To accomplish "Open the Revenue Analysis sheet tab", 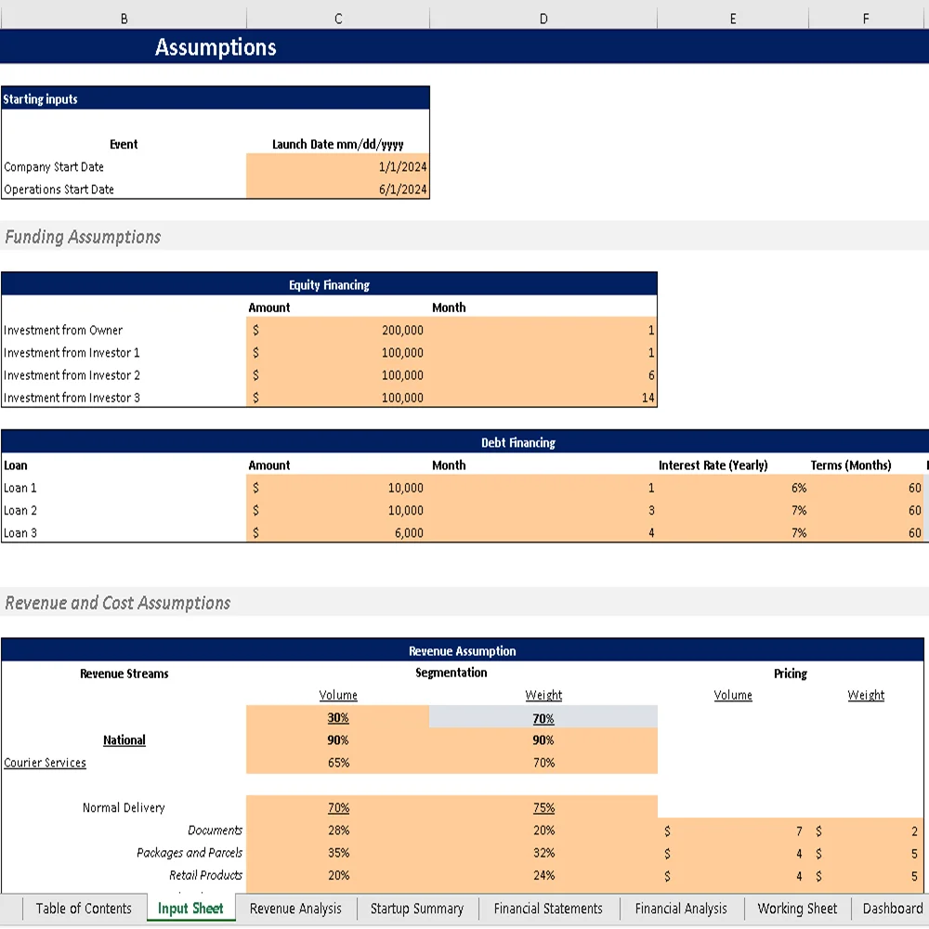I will pyautogui.click(x=295, y=909).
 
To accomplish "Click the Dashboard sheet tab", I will pyautogui.click(x=892, y=909).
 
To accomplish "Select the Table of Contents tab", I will pyautogui.click(x=84, y=909).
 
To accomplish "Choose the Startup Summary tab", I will pyautogui.click(x=416, y=909).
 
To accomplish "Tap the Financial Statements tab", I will pyautogui.click(x=548, y=909).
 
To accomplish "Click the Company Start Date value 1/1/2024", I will pyautogui.click(x=402, y=167).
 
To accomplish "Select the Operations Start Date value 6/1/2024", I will pyautogui.click(x=402, y=190).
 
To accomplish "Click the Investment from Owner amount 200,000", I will pyautogui.click(x=402, y=330).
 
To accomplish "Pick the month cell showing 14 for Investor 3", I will pyautogui.click(x=648, y=398).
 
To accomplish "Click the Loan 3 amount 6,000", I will pyautogui.click(x=406, y=532).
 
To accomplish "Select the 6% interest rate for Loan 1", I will pyautogui.click(x=798, y=488).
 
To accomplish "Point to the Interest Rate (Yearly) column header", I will pyautogui.click(x=713, y=465).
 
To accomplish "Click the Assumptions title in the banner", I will pyautogui.click(x=216, y=47).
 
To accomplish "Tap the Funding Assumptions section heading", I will pyautogui.click(x=83, y=237).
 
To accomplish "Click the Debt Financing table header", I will pyautogui.click(x=518, y=443).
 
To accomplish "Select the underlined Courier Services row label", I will pyautogui.click(x=45, y=763).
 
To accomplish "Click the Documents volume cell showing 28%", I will pyautogui.click(x=338, y=831).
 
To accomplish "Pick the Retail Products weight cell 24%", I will pyautogui.click(x=543, y=875).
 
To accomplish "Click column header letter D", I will pyautogui.click(x=543, y=18).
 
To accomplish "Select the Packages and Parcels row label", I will pyautogui.click(x=190, y=853).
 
